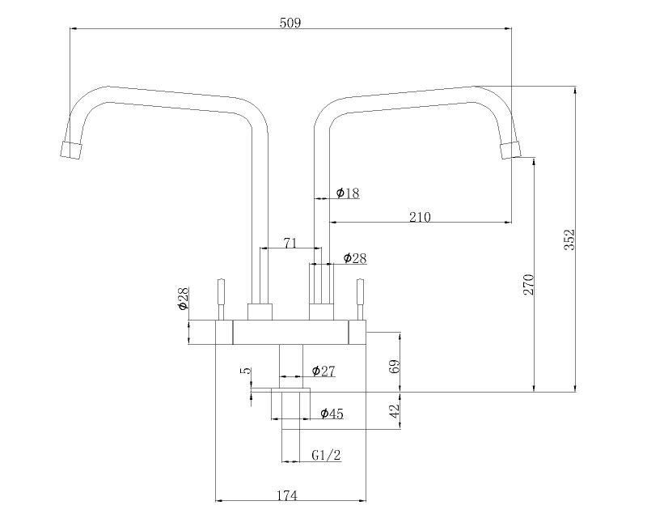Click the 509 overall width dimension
[290, 23]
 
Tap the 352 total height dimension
[569, 240]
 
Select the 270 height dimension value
[529, 284]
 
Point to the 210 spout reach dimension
[420, 217]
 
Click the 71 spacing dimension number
[290, 243]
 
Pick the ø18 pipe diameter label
[348, 193]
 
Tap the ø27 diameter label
[323, 371]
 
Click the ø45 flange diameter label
[332, 414]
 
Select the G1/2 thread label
[326, 455]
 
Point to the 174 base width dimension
[287, 495]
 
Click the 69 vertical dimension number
[395, 367]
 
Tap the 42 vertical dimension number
[395, 411]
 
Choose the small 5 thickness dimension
[247, 371]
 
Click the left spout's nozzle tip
[71, 150]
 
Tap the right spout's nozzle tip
[510, 151]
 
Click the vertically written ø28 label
[184, 299]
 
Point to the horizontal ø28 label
[355, 258]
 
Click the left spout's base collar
[260, 312]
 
